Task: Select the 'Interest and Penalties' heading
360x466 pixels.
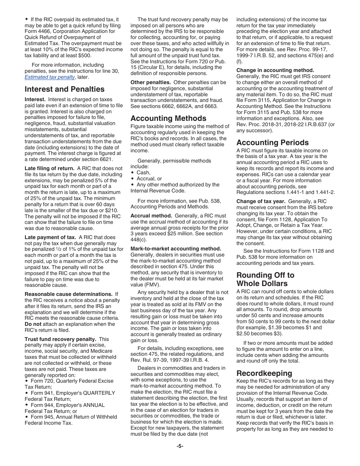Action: point(64,89)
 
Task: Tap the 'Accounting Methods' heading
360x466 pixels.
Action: point(168,118)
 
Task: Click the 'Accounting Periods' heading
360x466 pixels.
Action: point(272,142)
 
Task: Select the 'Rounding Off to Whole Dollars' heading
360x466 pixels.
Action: point(265,279)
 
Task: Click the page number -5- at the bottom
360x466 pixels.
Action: point(180,446)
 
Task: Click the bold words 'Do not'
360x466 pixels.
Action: point(33,324)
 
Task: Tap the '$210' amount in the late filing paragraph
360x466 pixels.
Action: point(113,210)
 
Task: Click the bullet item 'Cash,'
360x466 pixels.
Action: point(143,172)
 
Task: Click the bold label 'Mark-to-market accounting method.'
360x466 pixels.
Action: point(175,249)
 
